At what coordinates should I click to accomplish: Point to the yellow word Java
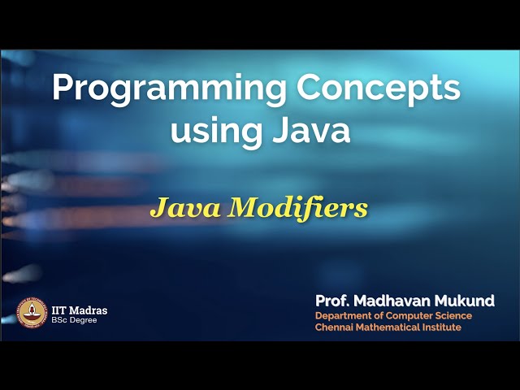point(184,208)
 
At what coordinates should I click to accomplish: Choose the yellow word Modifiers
point(298,208)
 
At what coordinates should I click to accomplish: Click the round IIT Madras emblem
point(31,312)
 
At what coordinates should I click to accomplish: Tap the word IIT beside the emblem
point(60,310)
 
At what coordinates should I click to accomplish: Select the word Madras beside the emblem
point(89,310)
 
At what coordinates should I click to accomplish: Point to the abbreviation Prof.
point(333,301)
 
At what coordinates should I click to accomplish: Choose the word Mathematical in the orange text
point(392,327)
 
